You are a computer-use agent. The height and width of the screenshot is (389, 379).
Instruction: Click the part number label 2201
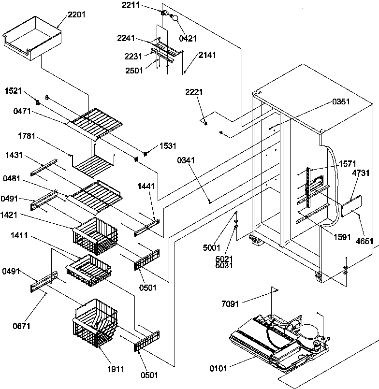tap(77, 14)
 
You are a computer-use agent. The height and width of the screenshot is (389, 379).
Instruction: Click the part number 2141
tap(206, 56)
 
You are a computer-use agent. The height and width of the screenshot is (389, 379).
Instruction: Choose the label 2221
tap(195, 92)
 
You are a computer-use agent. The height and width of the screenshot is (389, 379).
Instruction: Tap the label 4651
tap(366, 240)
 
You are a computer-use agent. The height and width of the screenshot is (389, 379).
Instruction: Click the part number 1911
tap(116, 369)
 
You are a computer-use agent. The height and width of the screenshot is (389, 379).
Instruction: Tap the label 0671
tap(22, 326)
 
